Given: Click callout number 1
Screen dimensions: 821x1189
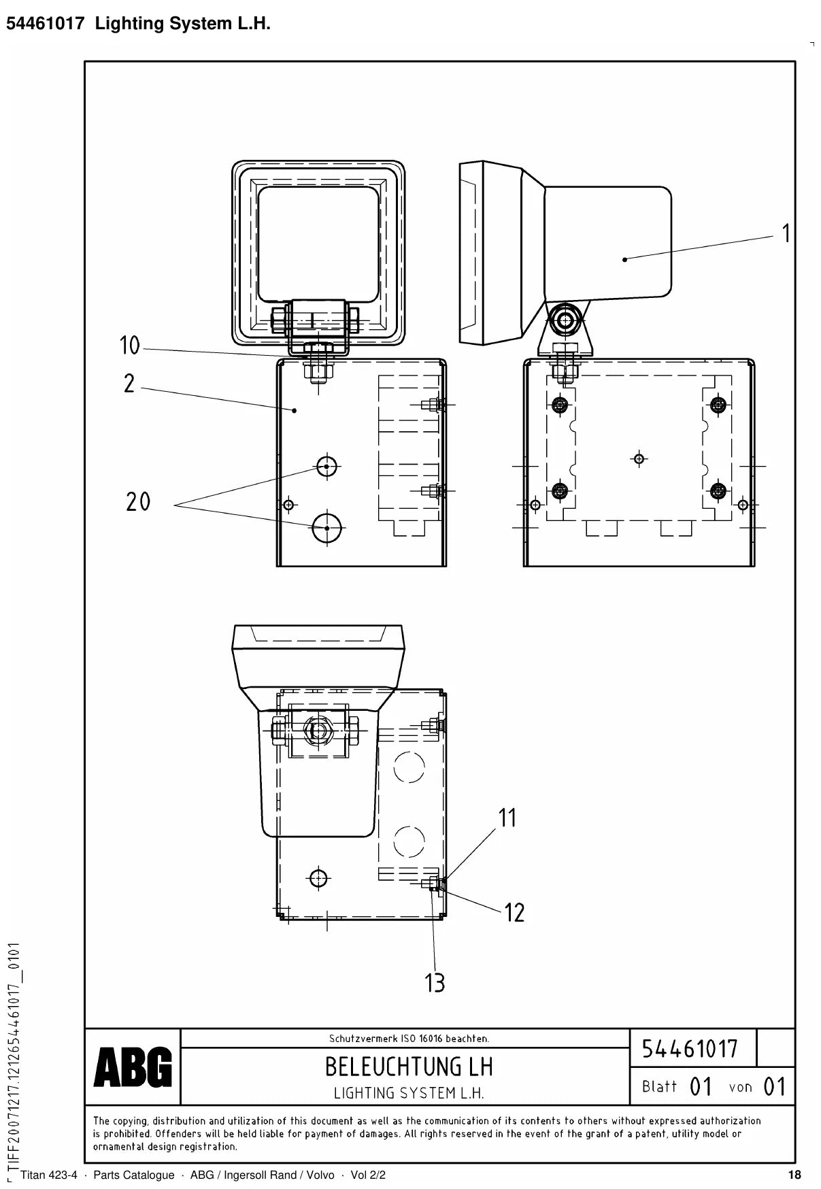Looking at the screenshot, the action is tap(786, 233).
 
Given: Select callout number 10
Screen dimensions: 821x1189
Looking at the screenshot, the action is tap(130, 346).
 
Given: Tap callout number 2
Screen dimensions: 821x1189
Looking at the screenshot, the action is tap(129, 384).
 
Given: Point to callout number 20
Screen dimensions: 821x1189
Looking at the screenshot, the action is tap(138, 502).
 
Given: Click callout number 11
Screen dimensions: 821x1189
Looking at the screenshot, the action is tap(507, 818).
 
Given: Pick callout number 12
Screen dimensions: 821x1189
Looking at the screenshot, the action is tap(514, 912).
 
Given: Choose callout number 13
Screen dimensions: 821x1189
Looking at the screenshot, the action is tap(435, 983).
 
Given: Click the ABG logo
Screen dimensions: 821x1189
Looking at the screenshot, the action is tap(133, 1068).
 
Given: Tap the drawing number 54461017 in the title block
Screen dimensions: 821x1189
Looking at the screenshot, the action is tap(690, 1048).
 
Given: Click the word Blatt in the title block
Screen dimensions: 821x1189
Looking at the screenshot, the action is tap(659, 1086).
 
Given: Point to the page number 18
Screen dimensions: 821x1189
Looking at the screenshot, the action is tap(794, 1175).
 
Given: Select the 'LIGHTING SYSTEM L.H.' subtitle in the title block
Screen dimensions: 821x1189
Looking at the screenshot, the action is tap(409, 1093).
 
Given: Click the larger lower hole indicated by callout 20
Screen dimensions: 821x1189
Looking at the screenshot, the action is tap(327, 528).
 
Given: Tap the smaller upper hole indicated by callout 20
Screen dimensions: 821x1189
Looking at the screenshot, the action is tap(327, 467).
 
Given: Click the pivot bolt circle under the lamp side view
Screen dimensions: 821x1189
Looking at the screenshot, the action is tap(564, 318).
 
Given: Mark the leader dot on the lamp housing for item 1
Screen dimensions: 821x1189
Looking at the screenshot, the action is tap(624, 258).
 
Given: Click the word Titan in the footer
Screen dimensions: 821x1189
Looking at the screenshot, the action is tap(33, 1175).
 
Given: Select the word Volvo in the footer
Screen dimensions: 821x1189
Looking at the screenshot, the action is tap(320, 1175).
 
